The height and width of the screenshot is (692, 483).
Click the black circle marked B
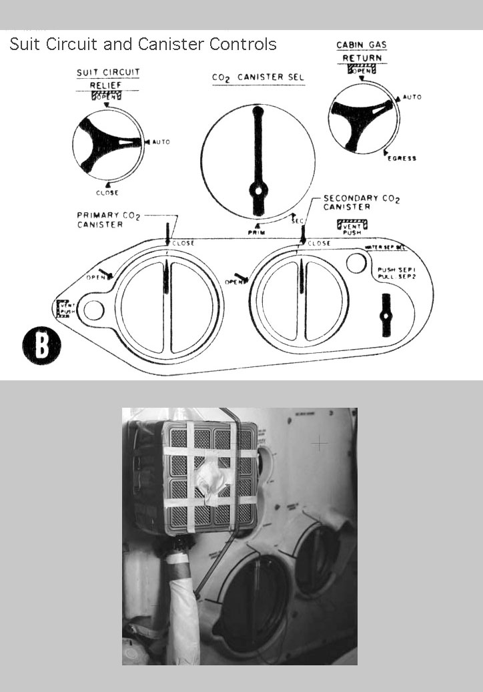point(41,345)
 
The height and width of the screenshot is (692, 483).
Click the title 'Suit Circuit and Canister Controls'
point(143,45)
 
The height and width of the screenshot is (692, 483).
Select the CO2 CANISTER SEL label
point(258,78)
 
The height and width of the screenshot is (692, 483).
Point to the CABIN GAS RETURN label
point(362,52)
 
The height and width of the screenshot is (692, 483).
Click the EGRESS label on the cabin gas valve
point(402,158)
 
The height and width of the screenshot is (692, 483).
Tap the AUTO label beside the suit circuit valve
point(161,142)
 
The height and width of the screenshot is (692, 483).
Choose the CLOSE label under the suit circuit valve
point(107,193)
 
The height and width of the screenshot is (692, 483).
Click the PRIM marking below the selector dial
point(258,232)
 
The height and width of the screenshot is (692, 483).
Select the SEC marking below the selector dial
point(298,220)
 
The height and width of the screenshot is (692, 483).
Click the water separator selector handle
point(386,315)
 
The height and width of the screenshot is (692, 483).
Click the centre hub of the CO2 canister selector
point(258,190)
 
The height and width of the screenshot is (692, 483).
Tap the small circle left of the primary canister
point(93,310)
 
